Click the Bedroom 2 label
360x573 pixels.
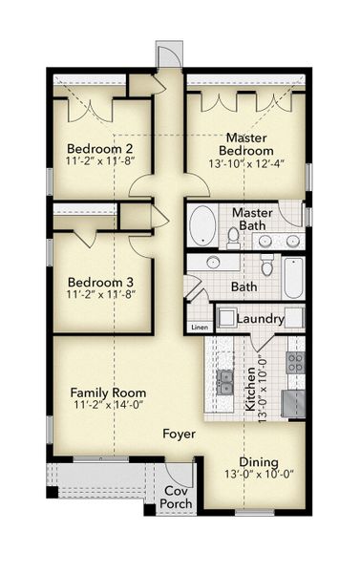click(99, 148)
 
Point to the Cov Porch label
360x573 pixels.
click(174, 498)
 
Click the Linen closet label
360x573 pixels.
click(199, 328)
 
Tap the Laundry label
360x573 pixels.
click(261, 318)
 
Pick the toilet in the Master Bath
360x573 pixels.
click(232, 236)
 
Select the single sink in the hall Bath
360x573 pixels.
click(214, 263)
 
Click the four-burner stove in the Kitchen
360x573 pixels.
click(295, 363)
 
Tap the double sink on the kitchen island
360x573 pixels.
click(226, 384)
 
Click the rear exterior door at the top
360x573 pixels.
click(168, 54)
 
